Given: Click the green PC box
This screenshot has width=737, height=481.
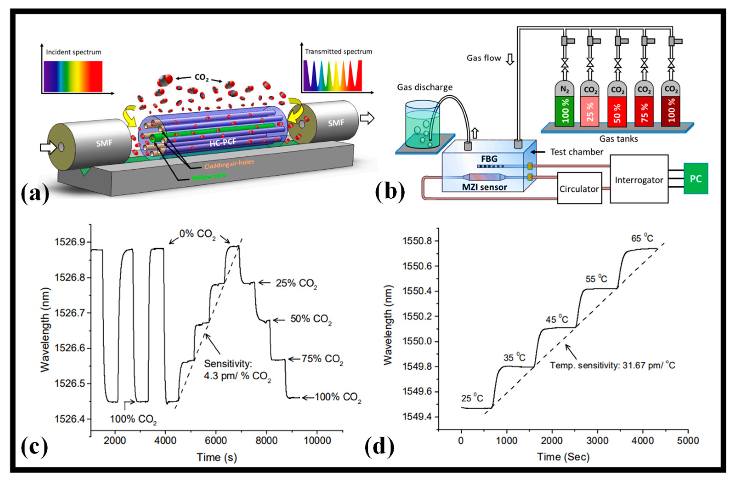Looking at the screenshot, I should (695, 179).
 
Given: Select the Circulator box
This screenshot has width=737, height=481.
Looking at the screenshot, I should (579, 188).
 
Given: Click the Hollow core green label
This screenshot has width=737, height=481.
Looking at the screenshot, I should (209, 177).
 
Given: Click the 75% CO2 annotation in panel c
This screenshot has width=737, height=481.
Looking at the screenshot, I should (322, 359).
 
